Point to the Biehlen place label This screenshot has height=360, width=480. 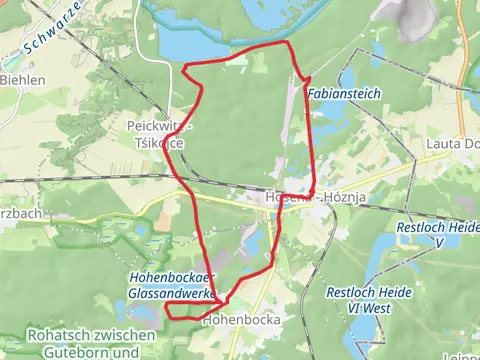(22, 79)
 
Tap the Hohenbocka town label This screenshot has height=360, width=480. (239, 321)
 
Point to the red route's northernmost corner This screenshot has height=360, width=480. (288, 43)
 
